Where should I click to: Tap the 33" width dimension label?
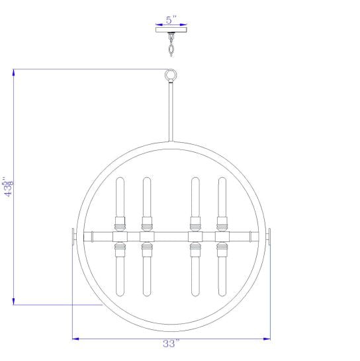click(x=171, y=344)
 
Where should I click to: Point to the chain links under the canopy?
click(x=171, y=48)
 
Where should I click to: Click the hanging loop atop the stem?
click(x=171, y=75)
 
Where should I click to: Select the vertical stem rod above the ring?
click(x=171, y=112)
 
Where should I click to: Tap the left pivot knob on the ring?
click(x=73, y=236)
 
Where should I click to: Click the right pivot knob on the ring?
click(x=269, y=236)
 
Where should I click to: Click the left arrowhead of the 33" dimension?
click(x=75, y=339)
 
